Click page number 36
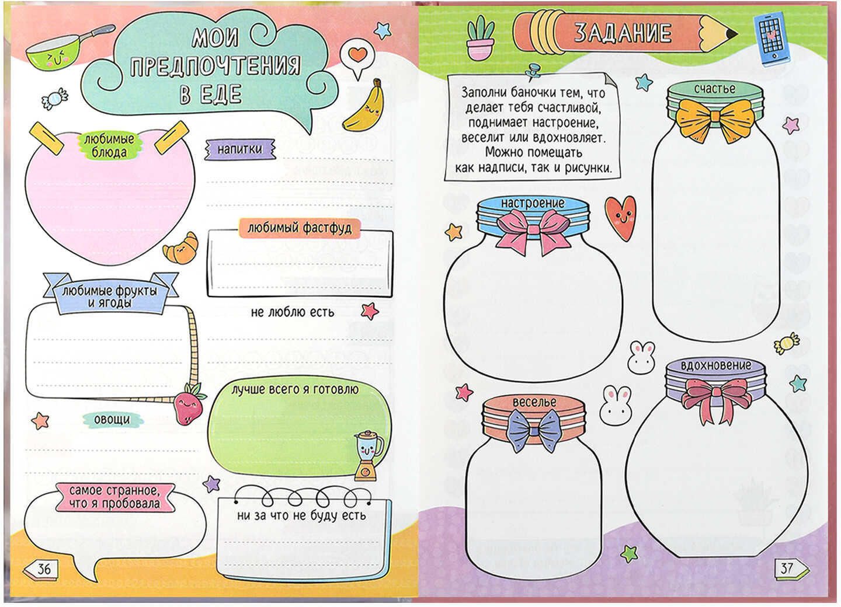tap(44, 568)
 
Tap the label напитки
tap(240, 149)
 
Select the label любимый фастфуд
tap(299, 228)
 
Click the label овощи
tap(112, 419)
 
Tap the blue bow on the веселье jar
tap(534, 430)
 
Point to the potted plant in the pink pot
tap(480, 37)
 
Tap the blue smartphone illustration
tap(773, 39)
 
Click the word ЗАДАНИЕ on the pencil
tap(623, 33)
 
